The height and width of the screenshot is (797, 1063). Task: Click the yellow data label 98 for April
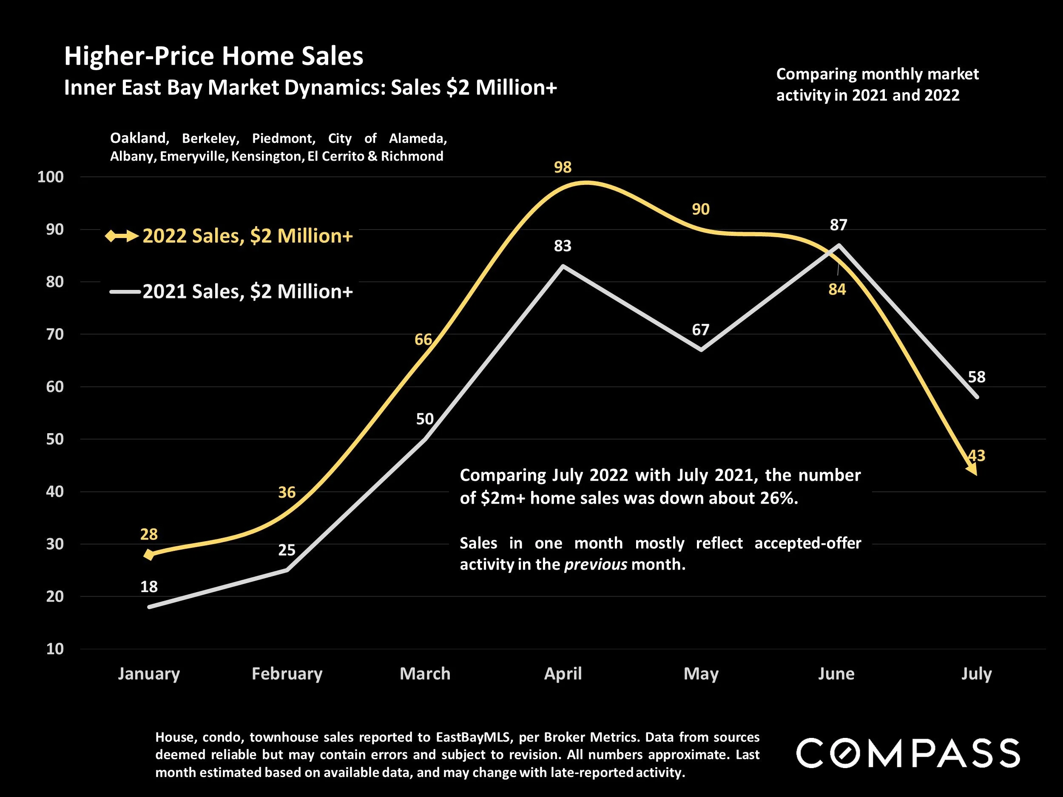(562, 167)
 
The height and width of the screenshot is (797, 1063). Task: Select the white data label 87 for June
(838, 224)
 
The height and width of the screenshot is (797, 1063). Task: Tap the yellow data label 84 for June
(837, 289)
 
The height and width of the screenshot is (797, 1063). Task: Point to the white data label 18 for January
(149, 586)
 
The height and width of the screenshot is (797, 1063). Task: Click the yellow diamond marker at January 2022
(149, 555)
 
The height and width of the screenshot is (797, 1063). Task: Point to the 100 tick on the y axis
(51, 177)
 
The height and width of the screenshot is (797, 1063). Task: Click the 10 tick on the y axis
(55, 649)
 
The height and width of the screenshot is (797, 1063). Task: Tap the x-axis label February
(287, 674)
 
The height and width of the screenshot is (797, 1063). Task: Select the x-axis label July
(976, 674)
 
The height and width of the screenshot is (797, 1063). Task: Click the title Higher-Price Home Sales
(214, 56)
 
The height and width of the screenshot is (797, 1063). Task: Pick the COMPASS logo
(908, 753)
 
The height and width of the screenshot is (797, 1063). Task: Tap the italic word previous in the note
(595, 564)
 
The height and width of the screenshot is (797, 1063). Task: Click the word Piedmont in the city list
(284, 138)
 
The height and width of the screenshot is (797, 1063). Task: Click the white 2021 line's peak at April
(563, 266)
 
